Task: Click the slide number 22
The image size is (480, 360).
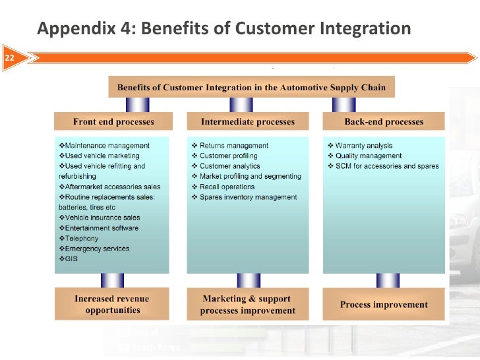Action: (10, 59)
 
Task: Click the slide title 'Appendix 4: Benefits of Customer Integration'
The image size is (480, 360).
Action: (224, 29)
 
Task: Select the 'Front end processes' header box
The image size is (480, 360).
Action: (113, 122)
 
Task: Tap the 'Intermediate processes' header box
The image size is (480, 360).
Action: (247, 122)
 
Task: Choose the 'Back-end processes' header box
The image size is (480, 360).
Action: (384, 122)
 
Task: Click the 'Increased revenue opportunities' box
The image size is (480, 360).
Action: (112, 304)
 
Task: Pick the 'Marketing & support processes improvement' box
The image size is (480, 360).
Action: (247, 305)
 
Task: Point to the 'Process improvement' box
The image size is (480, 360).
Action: (384, 305)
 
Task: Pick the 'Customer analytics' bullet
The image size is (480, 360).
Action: (229, 166)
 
